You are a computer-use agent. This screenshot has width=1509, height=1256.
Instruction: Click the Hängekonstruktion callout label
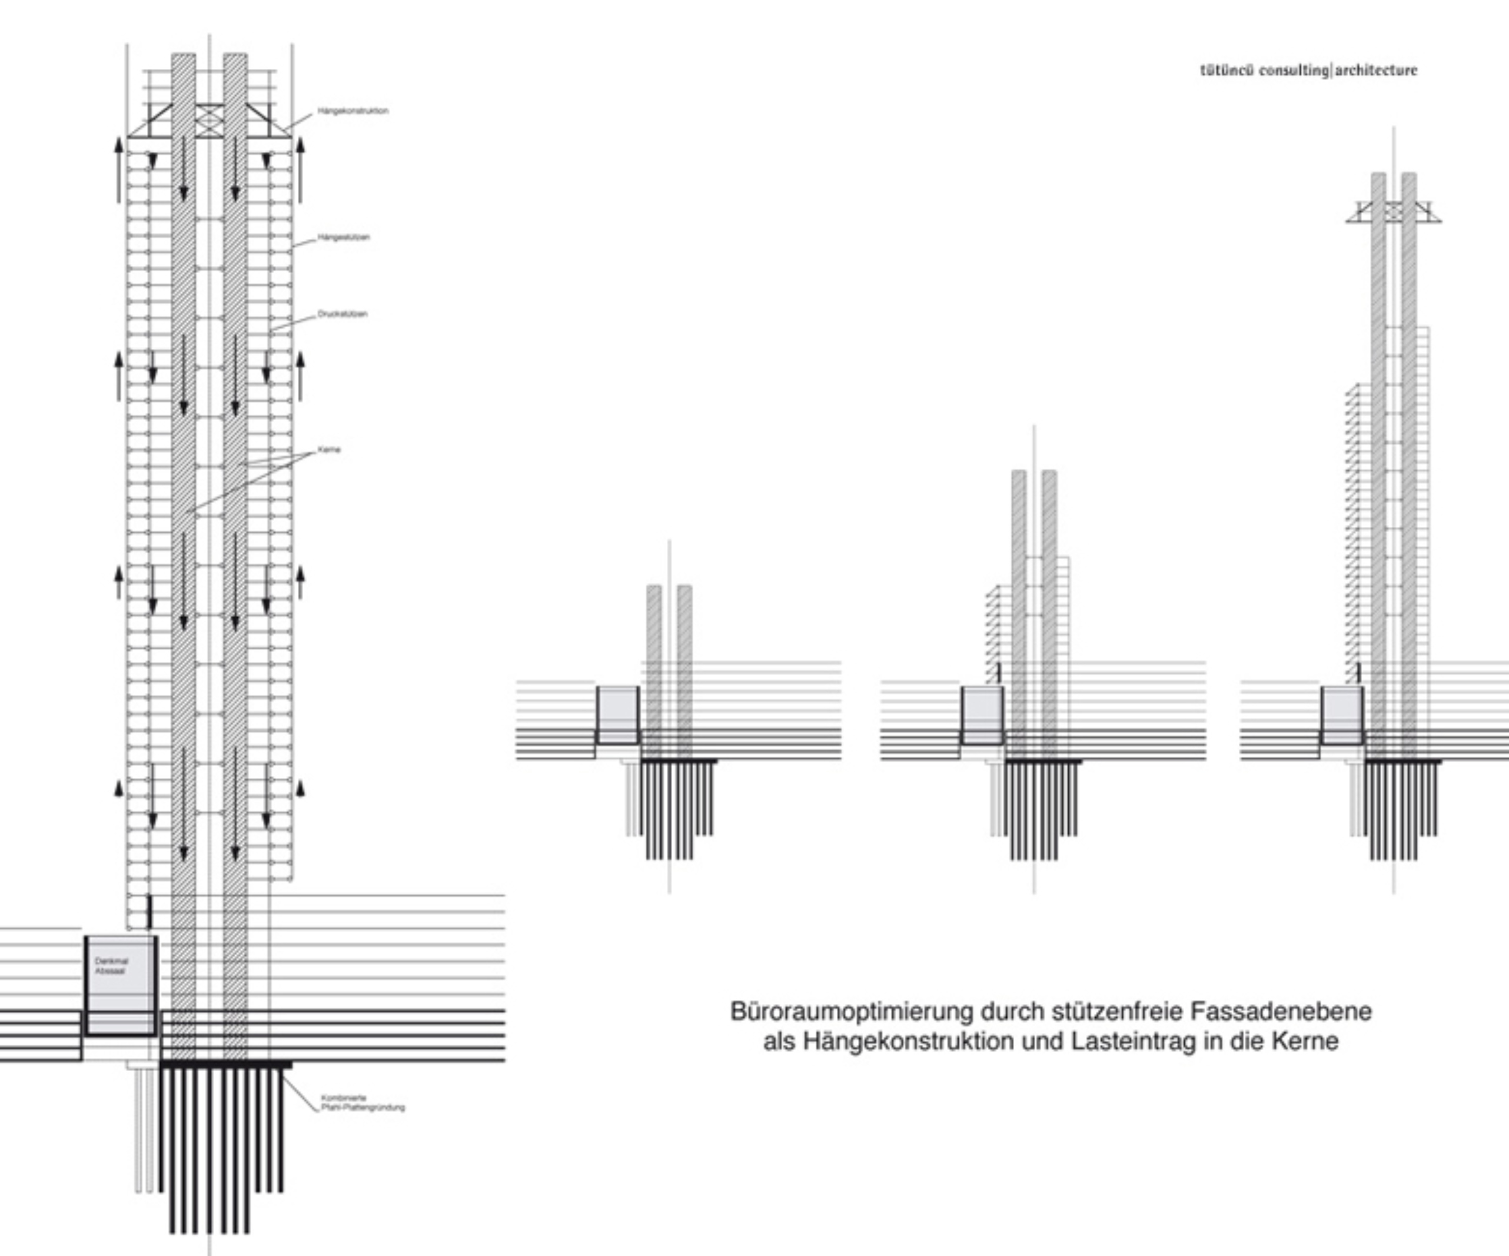pyautogui.click(x=352, y=111)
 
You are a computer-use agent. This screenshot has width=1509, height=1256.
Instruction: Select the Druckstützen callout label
pyautogui.click(x=342, y=314)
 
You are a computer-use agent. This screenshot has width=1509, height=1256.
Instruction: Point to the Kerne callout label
pyautogui.click(x=328, y=450)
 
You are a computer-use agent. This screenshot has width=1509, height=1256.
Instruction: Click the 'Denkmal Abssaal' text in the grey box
pyautogui.click(x=111, y=966)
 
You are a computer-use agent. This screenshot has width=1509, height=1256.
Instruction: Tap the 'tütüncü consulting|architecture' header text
pyautogui.click(x=1308, y=71)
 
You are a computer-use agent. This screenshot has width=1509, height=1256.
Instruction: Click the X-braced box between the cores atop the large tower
pyautogui.click(x=209, y=120)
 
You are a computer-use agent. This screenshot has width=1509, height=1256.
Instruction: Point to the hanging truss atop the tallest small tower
pyautogui.click(x=1393, y=212)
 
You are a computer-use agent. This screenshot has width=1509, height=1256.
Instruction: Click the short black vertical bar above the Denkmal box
pyautogui.click(x=149, y=911)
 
